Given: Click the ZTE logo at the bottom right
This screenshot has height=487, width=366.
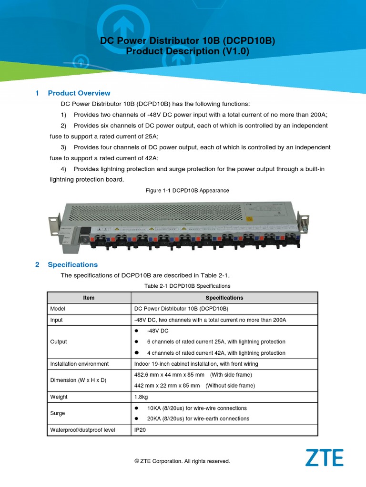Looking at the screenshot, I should [324, 458].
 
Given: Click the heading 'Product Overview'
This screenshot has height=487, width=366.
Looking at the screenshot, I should [79, 93].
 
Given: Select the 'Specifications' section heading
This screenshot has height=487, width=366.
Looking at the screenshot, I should [73, 264].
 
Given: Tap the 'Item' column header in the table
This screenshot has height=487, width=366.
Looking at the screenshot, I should [89, 298].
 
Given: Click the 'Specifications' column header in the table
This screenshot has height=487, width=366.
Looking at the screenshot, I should [224, 298].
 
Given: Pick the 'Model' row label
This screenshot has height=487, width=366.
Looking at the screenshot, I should [58, 309].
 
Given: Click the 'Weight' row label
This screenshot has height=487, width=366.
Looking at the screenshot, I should [59, 397].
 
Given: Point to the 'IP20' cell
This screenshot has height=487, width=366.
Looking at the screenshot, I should [140, 430].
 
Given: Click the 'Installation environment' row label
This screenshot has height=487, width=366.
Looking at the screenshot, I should [80, 364].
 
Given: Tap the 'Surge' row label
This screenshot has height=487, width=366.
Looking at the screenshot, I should [58, 413].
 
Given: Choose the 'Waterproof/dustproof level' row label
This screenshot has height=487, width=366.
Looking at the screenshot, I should [83, 430].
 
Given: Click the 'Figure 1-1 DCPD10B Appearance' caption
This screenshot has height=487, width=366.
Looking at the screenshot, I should [187, 190].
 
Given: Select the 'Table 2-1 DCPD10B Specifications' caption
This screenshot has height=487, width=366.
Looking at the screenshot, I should [187, 286].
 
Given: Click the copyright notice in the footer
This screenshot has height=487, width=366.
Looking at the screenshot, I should [183, 461].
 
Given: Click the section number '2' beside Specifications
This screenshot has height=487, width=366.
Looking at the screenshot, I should [37, 264].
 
